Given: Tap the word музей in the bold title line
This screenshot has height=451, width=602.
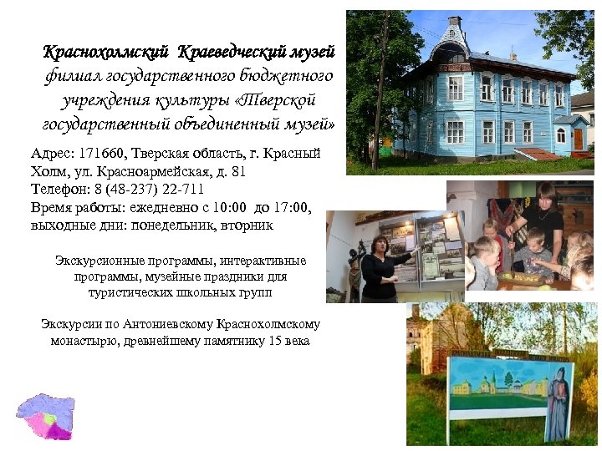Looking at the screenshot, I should click(x=312, y=53).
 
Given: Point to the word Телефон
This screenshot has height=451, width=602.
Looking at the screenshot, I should click(x=56, y=190).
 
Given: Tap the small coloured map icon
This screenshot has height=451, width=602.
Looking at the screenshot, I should click(x=46, y=415).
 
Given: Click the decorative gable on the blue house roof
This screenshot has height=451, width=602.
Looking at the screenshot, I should click(x=454, y=38).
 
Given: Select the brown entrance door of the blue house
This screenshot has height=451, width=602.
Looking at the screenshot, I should click(x=578, y=138).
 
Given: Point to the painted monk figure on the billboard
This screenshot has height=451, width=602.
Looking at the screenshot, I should click(x=557, y=401).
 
